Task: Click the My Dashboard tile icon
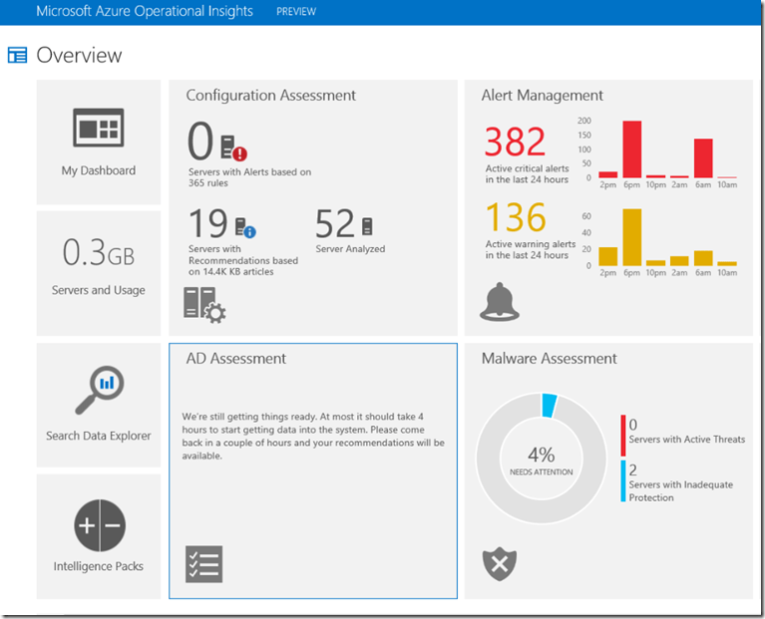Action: click(98, 129)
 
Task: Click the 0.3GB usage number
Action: click(98, 253)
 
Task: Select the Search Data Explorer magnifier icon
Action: click(98, 391)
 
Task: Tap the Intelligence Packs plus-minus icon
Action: click(98, 526)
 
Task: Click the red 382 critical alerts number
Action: click(515, 143)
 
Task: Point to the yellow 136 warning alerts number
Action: click(515, 217)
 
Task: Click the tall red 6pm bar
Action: click(631, 149)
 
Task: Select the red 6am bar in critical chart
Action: click(703, 157)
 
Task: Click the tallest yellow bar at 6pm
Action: click(631, 237)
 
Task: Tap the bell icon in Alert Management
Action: click(500, 302)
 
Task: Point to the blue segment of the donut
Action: click(549, 406)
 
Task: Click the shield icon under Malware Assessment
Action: click(500, 563)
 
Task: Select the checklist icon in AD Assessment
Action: click(204, 563)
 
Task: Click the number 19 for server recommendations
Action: click(208, 223)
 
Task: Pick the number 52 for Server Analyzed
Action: click(335, 223)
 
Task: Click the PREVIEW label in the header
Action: click(295, 12)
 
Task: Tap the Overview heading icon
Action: click(17, 56)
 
